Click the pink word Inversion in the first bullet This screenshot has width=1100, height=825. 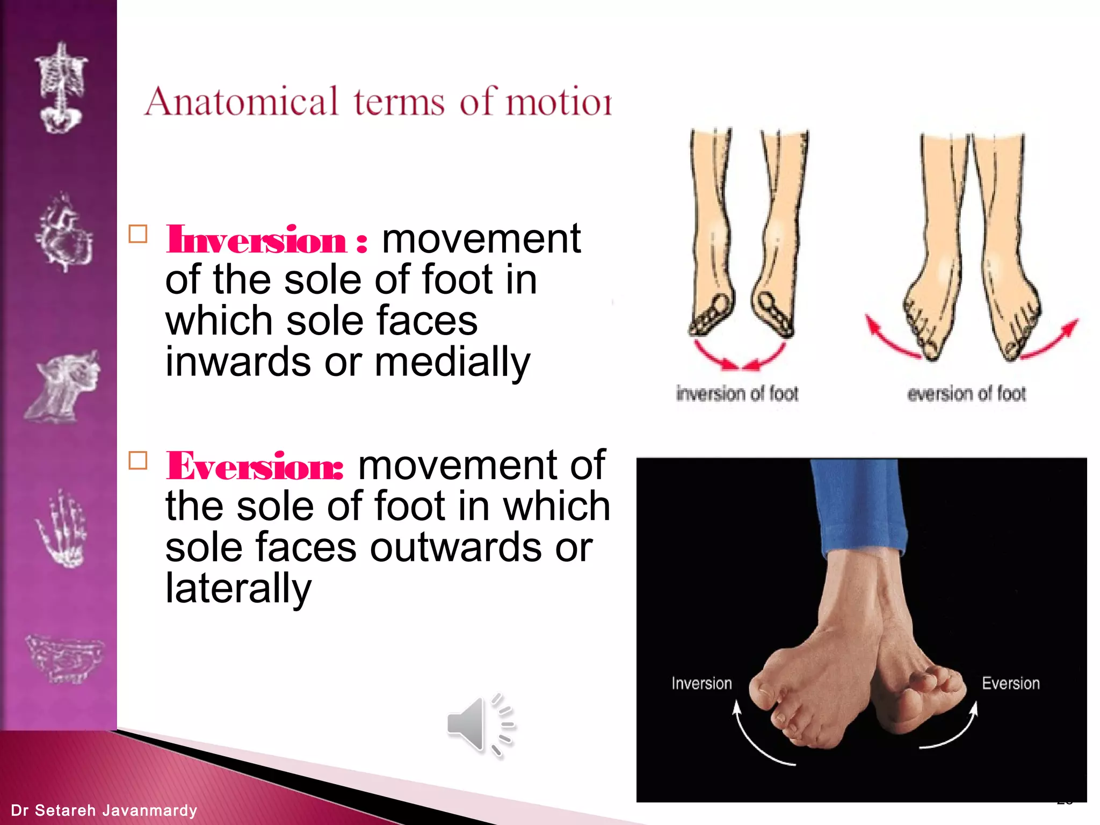256,240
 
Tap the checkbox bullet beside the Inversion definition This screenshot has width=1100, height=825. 138,235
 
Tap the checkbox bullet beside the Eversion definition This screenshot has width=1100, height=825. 138,461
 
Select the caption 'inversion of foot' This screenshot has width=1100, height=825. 737,394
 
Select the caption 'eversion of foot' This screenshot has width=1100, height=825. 966,394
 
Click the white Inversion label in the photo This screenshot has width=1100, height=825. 701,683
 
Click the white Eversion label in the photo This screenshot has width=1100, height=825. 1010,683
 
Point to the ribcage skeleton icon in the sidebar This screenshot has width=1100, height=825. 61,88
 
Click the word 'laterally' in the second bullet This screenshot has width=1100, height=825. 238,589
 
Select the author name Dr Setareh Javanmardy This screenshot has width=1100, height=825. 104,810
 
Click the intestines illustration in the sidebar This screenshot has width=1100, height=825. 63,658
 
